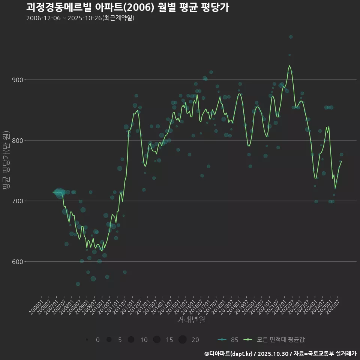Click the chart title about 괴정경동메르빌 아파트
(127, 7)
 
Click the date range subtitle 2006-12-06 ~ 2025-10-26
(80, 18)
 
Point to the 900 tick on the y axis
(18, 80)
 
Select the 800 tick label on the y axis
(18, 141)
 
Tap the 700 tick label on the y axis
(18, 201)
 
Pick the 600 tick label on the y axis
(18, 262)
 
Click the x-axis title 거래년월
(191, 320)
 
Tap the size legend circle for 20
(183, 340)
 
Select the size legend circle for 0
(87, 340)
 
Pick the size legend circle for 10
(131, 340)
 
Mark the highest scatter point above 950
(291, 37)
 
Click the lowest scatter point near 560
(78, 284)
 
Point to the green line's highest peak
(289, 66)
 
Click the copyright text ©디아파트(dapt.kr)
(229, 354)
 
